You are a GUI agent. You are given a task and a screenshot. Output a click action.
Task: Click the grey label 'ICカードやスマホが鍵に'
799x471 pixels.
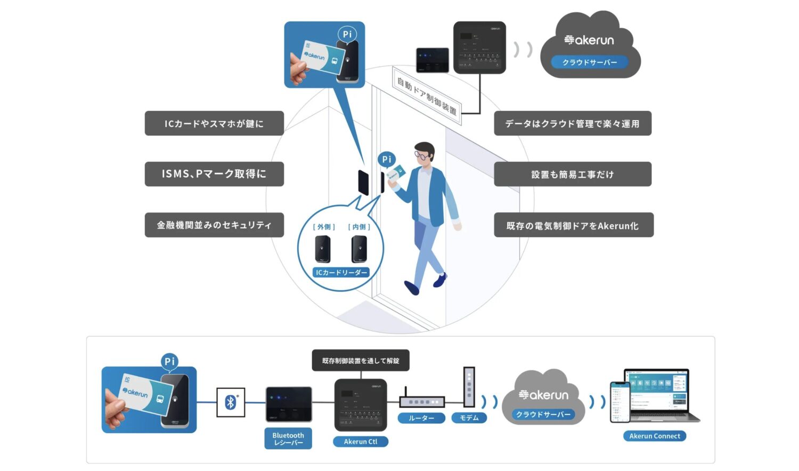click(x=214, y=124)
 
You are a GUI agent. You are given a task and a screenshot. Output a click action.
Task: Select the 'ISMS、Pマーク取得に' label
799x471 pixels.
click(x=214, y=174)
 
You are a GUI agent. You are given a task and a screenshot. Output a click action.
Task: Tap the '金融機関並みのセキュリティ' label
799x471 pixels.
click(x=214, y=225)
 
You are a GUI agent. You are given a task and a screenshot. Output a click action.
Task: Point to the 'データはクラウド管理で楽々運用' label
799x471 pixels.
click(x=573, y=124)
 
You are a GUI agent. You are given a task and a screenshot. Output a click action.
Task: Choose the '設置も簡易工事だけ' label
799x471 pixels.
click(x=573, y=174)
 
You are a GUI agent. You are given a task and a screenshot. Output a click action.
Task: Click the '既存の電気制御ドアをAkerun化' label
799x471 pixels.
click(x=573, y=225)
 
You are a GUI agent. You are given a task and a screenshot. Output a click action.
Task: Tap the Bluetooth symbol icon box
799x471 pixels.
click(x=231, y=402)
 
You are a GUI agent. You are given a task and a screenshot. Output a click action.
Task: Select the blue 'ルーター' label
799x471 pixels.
click(x=421, y=418)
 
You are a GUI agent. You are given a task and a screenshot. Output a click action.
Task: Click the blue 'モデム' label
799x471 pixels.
click(x=469, y=418)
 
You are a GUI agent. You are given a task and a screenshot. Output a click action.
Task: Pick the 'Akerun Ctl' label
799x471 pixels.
click(x=361, y=442)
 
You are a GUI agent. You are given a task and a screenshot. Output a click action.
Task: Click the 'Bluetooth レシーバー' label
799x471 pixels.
click(x=288, y=439)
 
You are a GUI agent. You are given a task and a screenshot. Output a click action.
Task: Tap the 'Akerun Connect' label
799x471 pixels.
click(x=655, y=436)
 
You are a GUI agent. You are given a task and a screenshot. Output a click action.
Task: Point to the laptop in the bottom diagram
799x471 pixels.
click(x=661, y=395)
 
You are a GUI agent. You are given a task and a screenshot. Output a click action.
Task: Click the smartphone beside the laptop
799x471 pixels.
click(x=619, y=402)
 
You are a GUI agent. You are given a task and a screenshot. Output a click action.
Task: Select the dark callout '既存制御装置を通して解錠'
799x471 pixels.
click(x=361, y=361)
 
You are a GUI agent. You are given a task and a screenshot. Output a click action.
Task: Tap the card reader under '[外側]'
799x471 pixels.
click(x=323, y=249)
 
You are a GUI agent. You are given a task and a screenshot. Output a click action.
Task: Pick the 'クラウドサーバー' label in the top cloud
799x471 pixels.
click(x=590, y=62)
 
